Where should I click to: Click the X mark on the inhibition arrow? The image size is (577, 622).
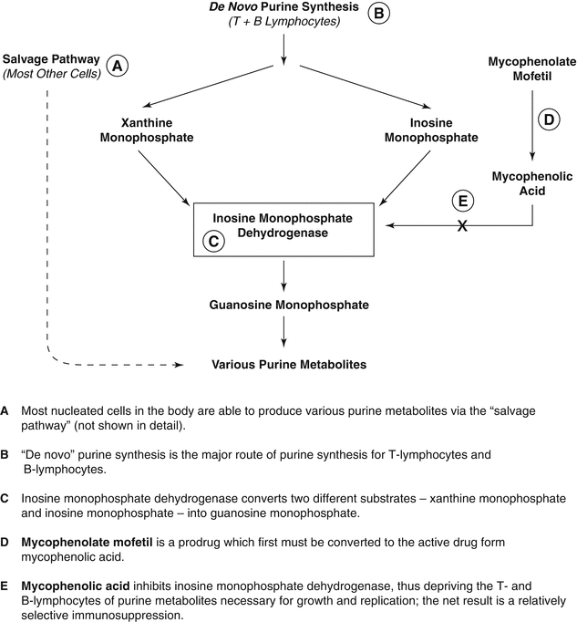tap(462, 226)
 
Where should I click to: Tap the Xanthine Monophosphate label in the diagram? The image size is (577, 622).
tap(160, 130)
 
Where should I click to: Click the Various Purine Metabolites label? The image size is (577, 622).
tap(289, 365)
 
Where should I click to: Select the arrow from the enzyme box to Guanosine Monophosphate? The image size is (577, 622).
tap(286, 275)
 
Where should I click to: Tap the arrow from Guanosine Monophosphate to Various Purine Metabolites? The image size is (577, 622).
tap(286, 334)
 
